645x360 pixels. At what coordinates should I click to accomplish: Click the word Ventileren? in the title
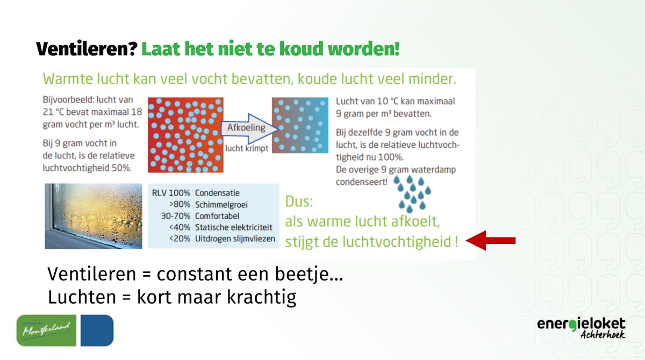(x=87, y=49)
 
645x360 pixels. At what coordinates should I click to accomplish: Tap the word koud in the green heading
(x=302, y=49)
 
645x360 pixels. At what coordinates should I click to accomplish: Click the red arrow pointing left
(x=490, y=240)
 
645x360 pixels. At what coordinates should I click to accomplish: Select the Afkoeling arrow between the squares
(x=249, y=128)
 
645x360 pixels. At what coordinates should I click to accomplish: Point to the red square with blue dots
(x=186, y=135)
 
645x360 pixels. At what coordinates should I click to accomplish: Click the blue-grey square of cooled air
(x=300, y=125)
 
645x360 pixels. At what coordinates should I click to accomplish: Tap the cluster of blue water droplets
(x=412, y=193)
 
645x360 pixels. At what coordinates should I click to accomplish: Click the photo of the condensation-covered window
(x=94, y=216)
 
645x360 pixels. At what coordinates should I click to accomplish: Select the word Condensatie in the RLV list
(x=217, y=193)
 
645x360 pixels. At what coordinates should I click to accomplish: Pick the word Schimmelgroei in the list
(x=221, y=205)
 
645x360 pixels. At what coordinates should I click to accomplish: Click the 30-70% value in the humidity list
(x=175, y=216)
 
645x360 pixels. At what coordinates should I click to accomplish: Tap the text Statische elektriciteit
(x=233, y=227)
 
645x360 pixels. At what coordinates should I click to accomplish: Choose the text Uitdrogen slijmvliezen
(x=235, y=239)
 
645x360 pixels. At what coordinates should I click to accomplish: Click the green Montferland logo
(x=46, y=330)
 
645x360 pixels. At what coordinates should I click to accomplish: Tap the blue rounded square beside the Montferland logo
(x=97, y=330)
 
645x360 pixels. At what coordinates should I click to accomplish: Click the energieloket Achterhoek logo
(x=581, y=328)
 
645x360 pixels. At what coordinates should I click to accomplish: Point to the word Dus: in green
(x=299, y=201)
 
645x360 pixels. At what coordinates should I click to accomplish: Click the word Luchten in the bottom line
(x=82, y=297)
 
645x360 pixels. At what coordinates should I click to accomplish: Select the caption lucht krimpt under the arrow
(x=247, y=148)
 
